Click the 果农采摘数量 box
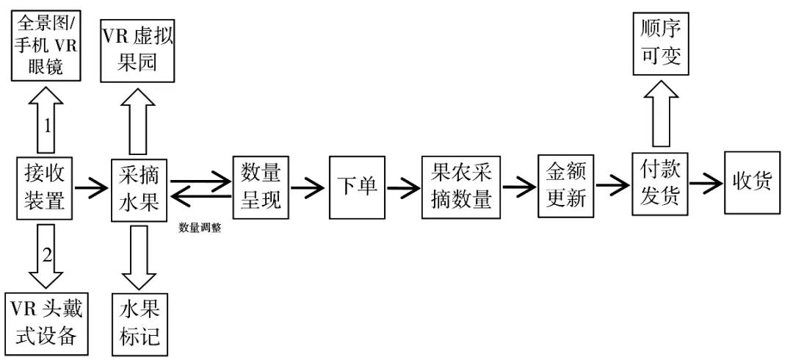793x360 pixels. click(460, 187)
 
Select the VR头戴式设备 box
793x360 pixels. click(45, 324)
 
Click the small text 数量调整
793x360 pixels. click(200, 228)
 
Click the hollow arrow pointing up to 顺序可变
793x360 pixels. click(659, 113)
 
